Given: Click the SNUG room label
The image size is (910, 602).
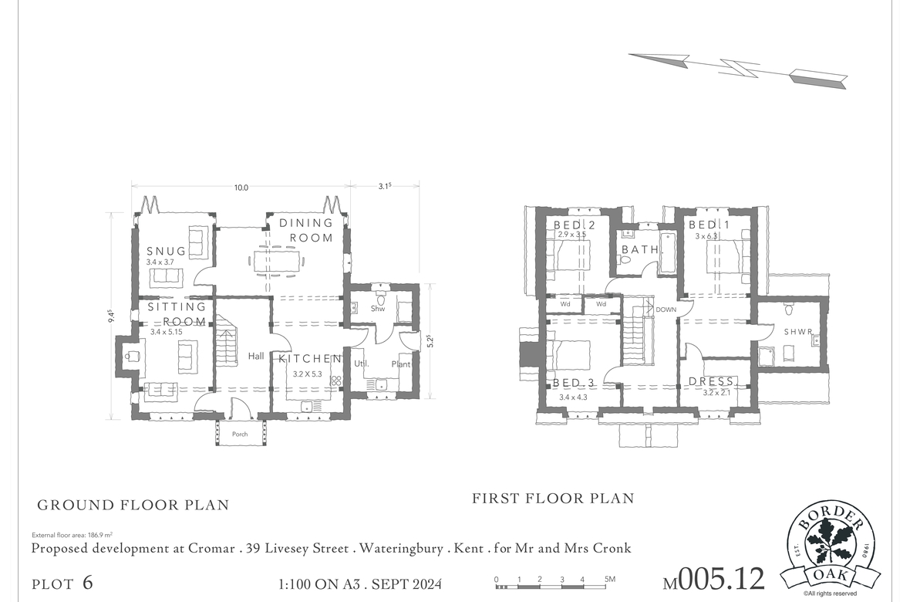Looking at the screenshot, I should click(x=167, y=251).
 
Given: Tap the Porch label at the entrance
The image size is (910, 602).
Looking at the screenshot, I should click(x=240, y=435).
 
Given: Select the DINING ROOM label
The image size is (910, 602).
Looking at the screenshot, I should click(x=306, y=230).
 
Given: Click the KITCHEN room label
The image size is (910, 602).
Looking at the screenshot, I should click(x=310, y=359).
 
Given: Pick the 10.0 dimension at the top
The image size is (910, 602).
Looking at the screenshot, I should click(x=241, y=188).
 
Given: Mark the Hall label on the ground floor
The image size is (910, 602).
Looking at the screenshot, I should click(x=256, y=357).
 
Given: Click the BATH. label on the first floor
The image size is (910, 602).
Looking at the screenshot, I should click(x=642, y=250).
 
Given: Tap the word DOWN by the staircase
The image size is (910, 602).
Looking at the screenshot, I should click(x=666, y=309).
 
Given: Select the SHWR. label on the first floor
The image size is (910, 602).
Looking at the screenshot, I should click(x=798, y=332).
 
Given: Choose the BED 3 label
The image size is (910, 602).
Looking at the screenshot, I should click(x=573, y=383).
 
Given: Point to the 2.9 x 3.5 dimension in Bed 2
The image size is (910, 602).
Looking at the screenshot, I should click(x=571, y=235).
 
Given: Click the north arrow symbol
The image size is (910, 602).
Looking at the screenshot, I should click(x=738, y=67).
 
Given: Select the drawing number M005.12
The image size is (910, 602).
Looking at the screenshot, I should click(x=714, y=579).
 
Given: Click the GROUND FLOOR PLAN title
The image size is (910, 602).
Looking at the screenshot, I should click(x=133, y=506).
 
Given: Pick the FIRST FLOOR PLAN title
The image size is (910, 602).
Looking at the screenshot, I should click(x=553, y=499).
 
